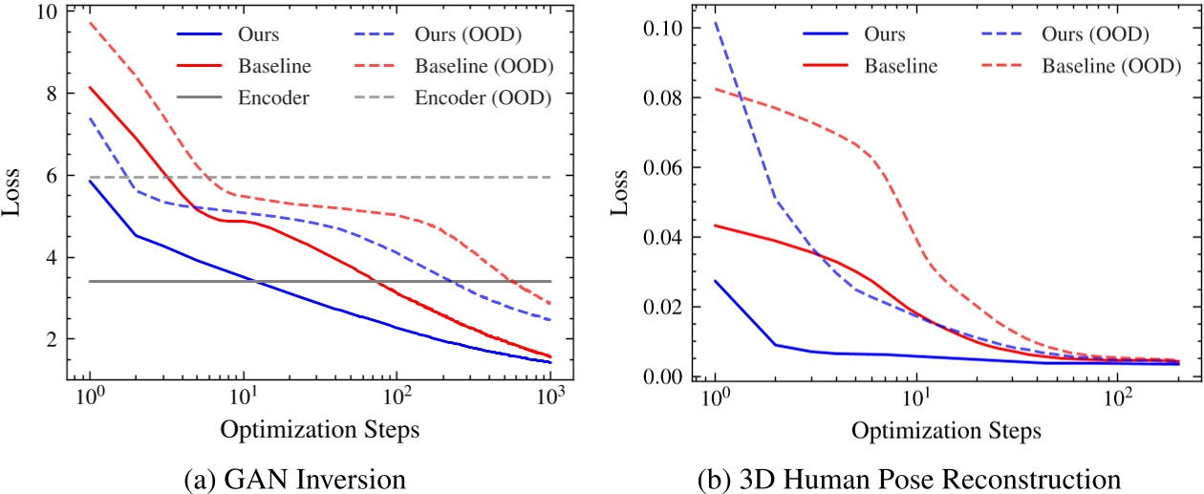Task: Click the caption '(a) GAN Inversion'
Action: click(x=319, y=475)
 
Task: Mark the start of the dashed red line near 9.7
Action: click(x=90, y=23)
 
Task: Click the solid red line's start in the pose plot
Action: click(x=715, y=226)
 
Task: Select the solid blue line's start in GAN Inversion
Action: click(x=90, y=181)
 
